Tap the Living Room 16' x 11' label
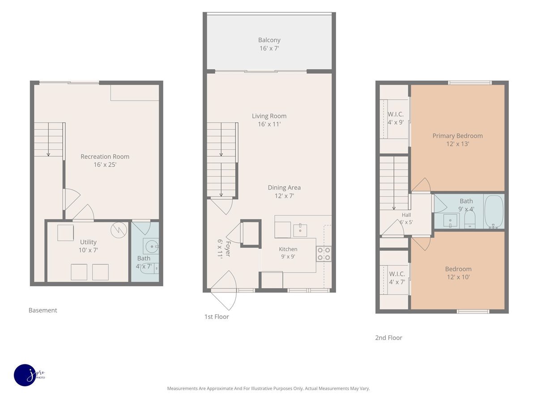pyautogui.click(x=269, y=120)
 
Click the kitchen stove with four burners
pyautogui.click(x=324, y=254)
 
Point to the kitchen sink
pyautogui.click(x=300, y=230)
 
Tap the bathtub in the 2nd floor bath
pyautogui.click(x=494, y=212)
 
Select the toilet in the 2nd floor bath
pyautogui.click(x=470, y=220)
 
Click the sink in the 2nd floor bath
pyautogui.click(x=450, y=220)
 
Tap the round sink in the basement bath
pyautogui.click(x=151, y=247)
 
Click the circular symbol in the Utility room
pyautogui.click(x=119, y=230)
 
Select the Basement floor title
pyautogui.click(x=43, y=310)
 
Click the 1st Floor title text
pyautogui.click(x=217, y=317)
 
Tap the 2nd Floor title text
pyautogui.click(x=389, y=338)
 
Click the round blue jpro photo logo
pyautogui.click(x=26, y=375)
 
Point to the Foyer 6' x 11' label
pyautogui.click(x=224, y=249)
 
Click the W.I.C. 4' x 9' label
pyautogui.click(x=396, y=118)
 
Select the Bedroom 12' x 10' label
pyautogui.click(x=458, y=273)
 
